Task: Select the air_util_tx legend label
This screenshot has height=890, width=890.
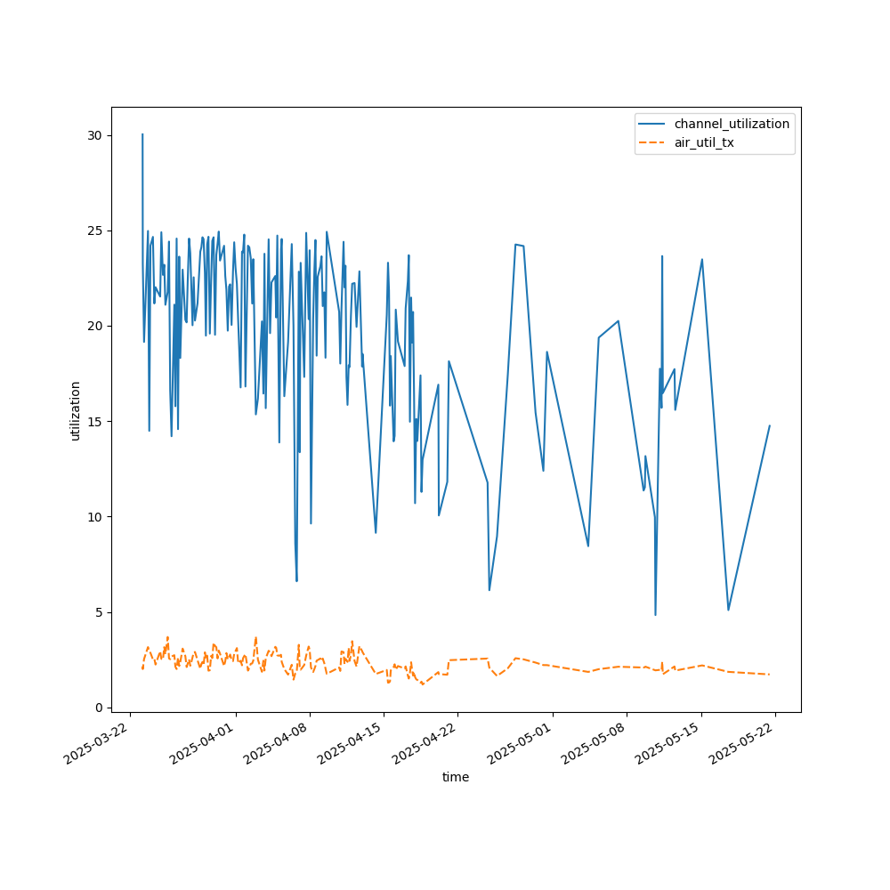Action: point(704,142)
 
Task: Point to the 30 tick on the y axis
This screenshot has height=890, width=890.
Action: point(93,135)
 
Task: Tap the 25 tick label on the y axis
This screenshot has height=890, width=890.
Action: point(93,231)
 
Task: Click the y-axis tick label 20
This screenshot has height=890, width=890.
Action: point(93,326)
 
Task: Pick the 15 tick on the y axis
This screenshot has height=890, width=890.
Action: point(93,421)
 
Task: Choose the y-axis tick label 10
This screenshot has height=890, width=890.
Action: point(93,517)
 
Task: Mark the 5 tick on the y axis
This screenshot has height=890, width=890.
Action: point(97,612)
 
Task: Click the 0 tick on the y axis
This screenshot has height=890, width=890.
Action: point(97,708)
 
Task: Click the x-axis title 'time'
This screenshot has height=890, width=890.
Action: point(456,777)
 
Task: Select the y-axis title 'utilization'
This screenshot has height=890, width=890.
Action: point(76,410)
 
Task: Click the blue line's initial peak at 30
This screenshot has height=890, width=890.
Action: point(142,134)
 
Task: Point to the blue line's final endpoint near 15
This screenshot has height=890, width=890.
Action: point(769,425)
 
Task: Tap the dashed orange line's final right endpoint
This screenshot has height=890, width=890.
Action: point(769,675)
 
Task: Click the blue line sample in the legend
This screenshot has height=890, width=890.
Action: point(653,124)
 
